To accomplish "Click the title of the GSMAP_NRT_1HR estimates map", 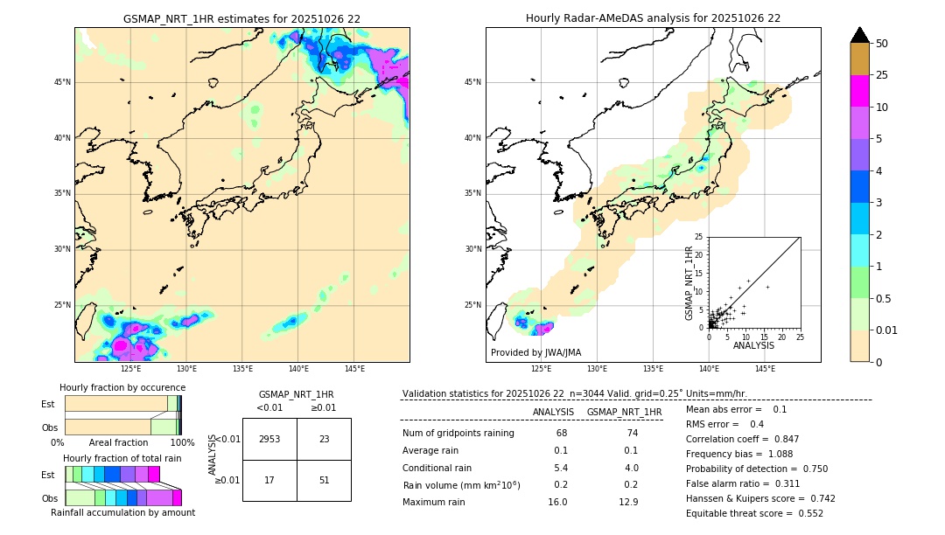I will point(241,18).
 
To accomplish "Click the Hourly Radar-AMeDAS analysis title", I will point(653,18).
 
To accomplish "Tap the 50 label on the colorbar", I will point(882,43).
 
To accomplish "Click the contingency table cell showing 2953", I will point(269,439).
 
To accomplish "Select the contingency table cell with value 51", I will point(324,479).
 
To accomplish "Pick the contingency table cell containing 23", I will point(324,439).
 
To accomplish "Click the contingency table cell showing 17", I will point(269,479).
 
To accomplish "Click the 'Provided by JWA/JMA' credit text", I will point(535,352).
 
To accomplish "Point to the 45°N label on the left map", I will point(62,82).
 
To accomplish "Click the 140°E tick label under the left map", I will point(298,369).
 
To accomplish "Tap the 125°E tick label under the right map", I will point(542,369).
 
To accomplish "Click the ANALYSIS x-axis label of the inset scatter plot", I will point(754,346).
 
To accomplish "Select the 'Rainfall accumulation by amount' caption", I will point(123,512).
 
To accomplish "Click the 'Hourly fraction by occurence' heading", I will point(122,387).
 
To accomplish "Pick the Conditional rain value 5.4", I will point(561,468).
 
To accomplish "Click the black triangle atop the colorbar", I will point(860,35).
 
